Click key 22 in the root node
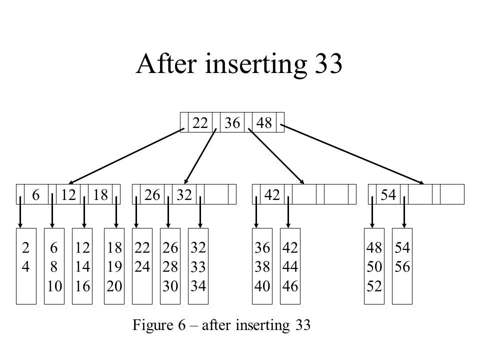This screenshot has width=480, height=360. point(200,123)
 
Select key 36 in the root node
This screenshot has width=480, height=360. point(232,123)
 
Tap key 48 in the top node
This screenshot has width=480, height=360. point(264,123)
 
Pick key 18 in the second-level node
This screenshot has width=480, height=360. point(100,194)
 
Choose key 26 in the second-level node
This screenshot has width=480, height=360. point(152,194)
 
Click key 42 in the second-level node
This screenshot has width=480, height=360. point(272,194)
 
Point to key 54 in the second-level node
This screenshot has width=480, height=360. point(388,194)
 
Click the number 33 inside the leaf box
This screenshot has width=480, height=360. point(198,267)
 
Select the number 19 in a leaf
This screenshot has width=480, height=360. point(114,267)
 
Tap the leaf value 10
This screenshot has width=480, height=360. point(54,286)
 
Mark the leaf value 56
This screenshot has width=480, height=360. point(402,267)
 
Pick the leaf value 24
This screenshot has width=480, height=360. point(142,267)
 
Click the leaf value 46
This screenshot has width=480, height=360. point(290,286)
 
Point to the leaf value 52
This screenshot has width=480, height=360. point(374,286)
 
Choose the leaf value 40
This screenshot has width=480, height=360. point(262,286)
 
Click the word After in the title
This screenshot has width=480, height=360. point(166,63)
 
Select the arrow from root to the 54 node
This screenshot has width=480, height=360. point(352,154)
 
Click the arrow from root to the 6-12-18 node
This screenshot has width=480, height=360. point(126,156)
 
